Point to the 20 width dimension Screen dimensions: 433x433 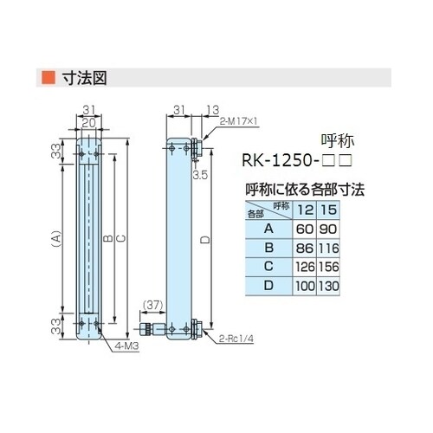[x=89, y=121]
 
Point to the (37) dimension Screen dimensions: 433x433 [x=150, y=304]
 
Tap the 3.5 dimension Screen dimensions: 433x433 [x=199, y=173]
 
